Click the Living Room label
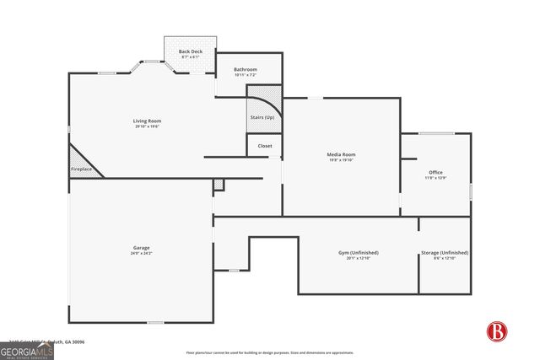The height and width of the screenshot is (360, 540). click(x=146, y=121)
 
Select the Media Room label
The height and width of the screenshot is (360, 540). click(x=341, y=154)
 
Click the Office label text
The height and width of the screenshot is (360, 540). click(x=435, y=173)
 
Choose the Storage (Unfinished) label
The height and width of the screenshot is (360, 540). click(x=444, y=252)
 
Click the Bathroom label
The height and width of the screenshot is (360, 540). click(x=245, y=69)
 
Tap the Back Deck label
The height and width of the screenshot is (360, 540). click(x=191, y=51)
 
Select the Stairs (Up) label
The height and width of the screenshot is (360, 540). click(x=262, y=117)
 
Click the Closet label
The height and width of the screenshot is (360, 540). click(x=264, y=146)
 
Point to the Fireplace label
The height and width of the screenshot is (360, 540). click(x=81, y=169)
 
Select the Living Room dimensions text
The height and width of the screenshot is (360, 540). click(x=147, y=126)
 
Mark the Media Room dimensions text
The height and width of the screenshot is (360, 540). click(x=341, y=160)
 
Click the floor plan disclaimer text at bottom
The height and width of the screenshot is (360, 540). click(x=270, y=352)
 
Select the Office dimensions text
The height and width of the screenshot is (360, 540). click(x=435, y=179)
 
